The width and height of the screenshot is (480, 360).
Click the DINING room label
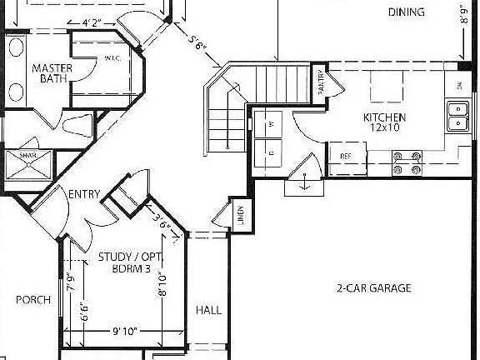click(407, 12)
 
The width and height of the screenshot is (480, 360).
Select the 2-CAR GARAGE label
click(374, 288)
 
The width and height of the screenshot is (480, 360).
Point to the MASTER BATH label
click(50, 73)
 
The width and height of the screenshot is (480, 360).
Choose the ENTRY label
click(84, 195)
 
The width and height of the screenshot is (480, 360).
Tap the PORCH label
click(33, 300)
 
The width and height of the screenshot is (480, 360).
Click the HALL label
click(208, 311)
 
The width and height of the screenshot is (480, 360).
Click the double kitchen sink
click(457, 117)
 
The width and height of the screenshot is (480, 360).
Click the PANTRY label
click(322, 82)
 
